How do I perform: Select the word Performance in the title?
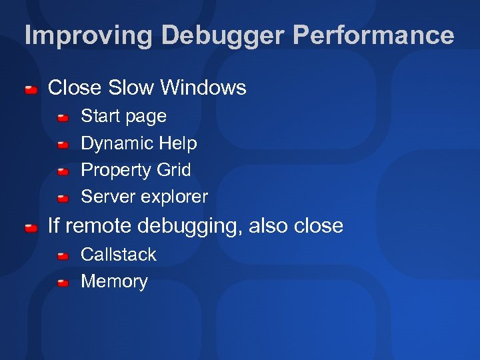coord(373,35)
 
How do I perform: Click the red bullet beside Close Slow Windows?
coord(31,89)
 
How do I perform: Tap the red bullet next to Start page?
coord(63,118)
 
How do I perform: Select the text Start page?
coord(123,116)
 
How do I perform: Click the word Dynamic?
coord(116,143)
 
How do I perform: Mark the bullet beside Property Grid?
coord(63,172)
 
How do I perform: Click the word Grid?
coord(173,170)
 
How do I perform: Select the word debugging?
coord(189,227)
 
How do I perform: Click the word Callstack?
coord(118,254)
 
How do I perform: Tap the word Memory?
coord(114,281)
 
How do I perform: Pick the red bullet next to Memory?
coord(63,283)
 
